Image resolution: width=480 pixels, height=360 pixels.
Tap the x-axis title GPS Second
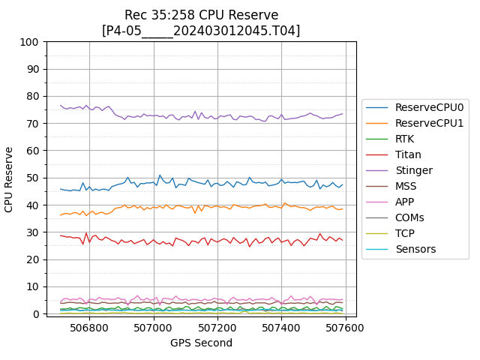[201, 343]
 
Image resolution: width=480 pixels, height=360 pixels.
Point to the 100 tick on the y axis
[30, 42]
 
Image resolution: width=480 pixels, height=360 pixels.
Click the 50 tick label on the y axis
[32, 178]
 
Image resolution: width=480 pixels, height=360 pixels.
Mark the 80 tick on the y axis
[32, 96]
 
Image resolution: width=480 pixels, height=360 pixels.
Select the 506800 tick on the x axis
[89, 328]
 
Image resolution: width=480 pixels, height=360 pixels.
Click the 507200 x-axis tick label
[217, 328]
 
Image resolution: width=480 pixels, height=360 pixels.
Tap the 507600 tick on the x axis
[346, 328]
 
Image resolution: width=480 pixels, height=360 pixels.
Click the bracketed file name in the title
[201, 31]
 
